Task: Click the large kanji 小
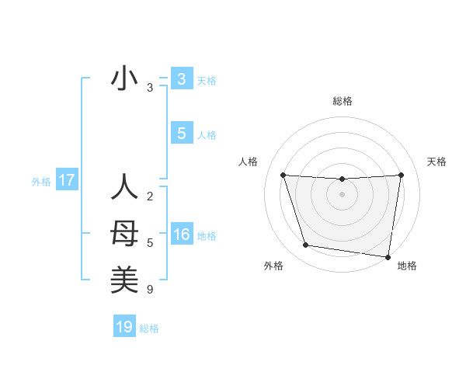click(124, 79)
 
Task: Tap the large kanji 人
click(124, 187)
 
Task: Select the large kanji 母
click(124, 234)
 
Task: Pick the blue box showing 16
click(181, 235)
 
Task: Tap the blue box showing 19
click(124, 327)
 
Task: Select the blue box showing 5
click(181, 134)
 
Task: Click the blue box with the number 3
click(181, 79)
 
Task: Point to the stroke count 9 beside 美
click(149, 290)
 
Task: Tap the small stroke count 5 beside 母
click(149, 243)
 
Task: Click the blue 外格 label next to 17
click(41, 182)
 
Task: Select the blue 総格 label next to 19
click(149, 328)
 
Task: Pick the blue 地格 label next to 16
click(207, 236)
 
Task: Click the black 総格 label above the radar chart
click(342, 102)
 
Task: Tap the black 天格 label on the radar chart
click(436, 162)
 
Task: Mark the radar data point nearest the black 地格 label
click(388, 256)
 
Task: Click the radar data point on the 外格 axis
click(306, 245)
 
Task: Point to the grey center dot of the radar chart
click(342, 195)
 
